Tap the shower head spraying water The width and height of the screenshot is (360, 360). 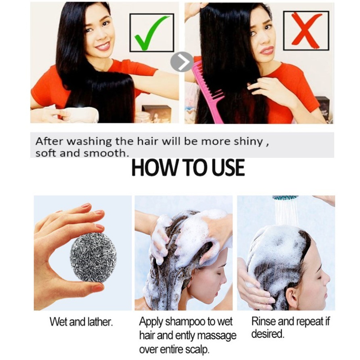point(285,198)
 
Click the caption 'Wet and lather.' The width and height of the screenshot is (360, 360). point(81,322)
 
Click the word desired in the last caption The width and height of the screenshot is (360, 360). point(267,333)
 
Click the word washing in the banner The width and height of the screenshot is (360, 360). point(89,142)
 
